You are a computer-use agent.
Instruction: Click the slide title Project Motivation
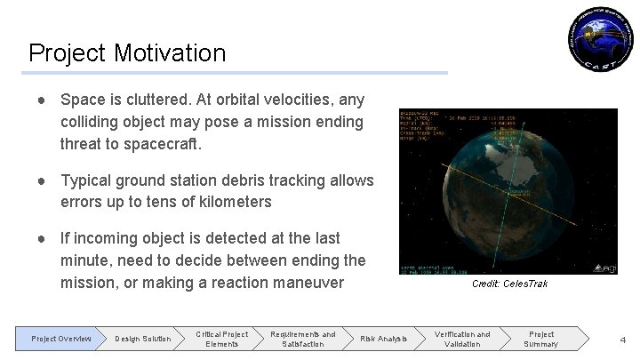pos(127,52)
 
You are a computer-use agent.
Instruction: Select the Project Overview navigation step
pos(61,339)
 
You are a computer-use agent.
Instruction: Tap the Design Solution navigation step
pos(143,339)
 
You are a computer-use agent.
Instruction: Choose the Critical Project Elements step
pos(221,339)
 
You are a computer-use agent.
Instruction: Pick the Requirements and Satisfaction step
pos(303,339)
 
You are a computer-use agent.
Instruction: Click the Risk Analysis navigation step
pos(383,339)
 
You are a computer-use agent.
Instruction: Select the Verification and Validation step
pos(461,339)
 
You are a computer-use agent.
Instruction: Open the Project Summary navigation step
pos(540,339)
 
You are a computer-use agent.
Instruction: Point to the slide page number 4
pos(622,339)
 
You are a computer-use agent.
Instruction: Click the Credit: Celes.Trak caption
pos(509,284)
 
